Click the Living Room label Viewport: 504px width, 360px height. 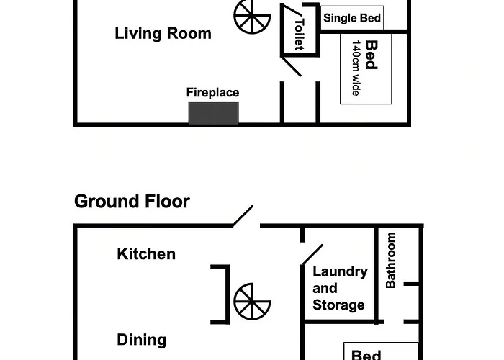pyautogui.click(x=163, y=34)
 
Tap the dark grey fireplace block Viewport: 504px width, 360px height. pyautogui.click(x=213, y=113)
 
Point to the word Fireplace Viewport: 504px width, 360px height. pyautogui.click(x=213, y=93)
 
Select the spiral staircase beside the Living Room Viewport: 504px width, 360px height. pyautogui.click(x=252, y=16)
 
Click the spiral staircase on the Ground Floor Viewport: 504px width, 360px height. pyautogui.click(x=252, y=301)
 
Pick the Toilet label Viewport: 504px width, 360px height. pyautogui.click(x=300, y=35)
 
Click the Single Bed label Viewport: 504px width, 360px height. pyautogui.click(x=352, y=18)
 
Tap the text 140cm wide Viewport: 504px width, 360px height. pyautogui.click(x=356, y=68)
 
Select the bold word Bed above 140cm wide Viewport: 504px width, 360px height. pyautogui.click(x=372, y=55)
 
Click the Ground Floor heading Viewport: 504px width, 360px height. pyautogui.click(x=132, y=201)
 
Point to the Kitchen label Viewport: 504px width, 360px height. pyautogui.click(x=146, y=254)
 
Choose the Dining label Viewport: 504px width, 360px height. pyautogui.click(x=142, y=340)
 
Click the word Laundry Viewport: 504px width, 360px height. pyautogui.click(x=340, y=272)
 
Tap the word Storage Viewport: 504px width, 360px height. pyautogui.click(x=338, y=305)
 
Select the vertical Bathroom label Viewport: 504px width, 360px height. pyautogui.click(x=390, y=260)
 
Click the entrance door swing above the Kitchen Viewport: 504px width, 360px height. pyautogui.click(x=243, y=216)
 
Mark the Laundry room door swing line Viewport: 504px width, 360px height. pyautogui.click(x=312, y=255)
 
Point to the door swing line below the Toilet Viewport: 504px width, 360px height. pyautogui.click(x=291, y=66)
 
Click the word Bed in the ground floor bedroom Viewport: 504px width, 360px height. pyautogui.click(x=366, y=355)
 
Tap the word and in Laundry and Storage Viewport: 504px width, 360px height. pyautogui.click(x=325, y=288)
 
